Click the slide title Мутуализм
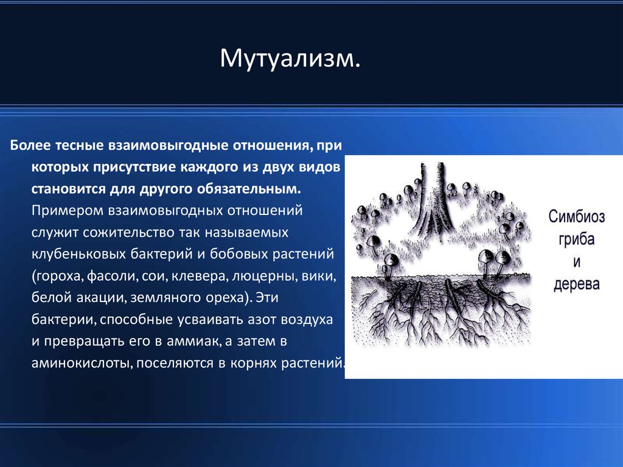pos(290,58)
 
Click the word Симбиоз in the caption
pos(577,217)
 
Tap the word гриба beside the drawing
pos(577,239)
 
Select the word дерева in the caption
pos(577,284)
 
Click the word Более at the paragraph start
pos(30,145)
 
